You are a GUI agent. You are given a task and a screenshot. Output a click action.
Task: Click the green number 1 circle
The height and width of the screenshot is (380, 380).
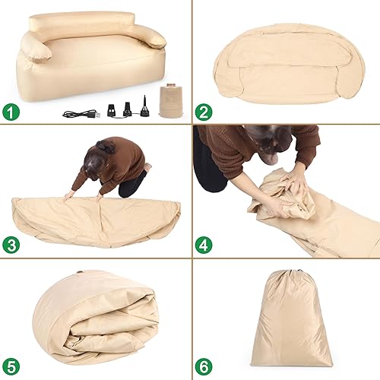coord(11,112)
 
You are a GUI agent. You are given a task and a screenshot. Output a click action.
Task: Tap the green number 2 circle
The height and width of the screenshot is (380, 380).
coord(204,112)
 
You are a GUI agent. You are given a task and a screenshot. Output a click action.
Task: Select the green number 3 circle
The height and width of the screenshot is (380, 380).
coord(11,245)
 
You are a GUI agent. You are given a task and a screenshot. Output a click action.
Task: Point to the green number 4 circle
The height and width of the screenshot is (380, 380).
coord(204,245)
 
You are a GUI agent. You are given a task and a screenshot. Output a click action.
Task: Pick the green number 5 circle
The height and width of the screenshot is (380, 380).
coord(11,366)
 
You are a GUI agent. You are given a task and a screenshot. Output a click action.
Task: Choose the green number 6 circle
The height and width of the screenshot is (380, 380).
coord(204,366)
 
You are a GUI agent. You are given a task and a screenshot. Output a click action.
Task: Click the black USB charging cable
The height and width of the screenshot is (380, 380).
coord(81,114)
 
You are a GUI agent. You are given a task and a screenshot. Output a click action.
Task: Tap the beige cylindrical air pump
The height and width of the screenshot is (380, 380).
coord(172,101)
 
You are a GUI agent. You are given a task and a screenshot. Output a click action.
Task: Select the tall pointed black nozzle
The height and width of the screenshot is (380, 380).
coord(145,106)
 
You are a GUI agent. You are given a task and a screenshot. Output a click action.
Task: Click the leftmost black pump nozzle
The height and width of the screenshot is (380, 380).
coord(112,110)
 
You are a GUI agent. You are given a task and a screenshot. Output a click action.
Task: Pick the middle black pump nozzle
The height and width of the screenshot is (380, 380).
coord(128,109)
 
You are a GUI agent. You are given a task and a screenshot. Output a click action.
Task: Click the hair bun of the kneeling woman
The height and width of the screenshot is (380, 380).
coord(105,147)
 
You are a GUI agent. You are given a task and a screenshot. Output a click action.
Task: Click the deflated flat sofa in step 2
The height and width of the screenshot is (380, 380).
coord(290,64)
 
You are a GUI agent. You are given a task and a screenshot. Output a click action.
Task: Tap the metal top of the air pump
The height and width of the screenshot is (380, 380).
coord(172,85)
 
